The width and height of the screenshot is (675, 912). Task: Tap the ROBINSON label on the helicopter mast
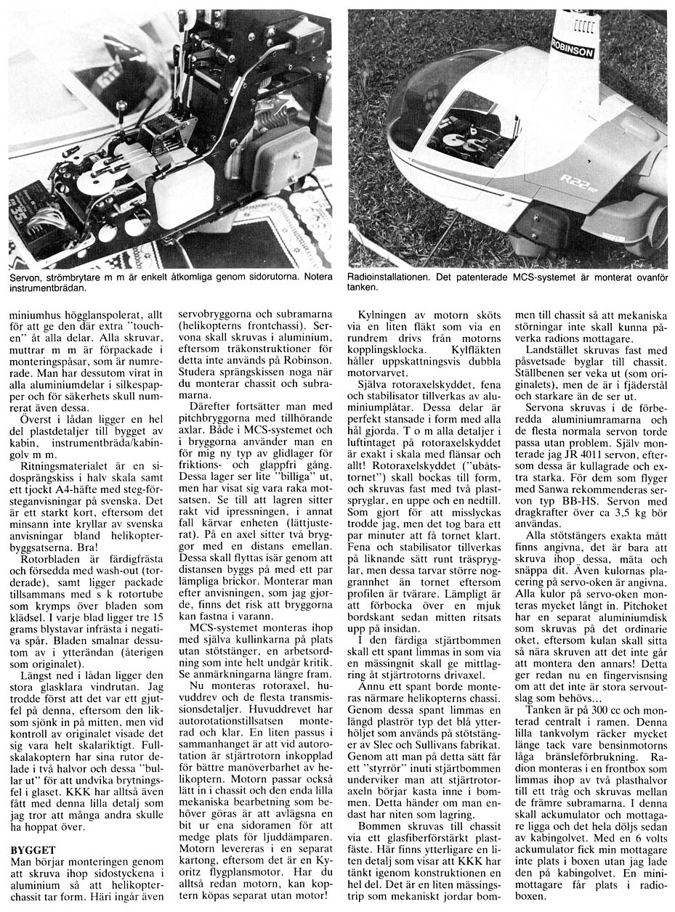(x=573, y=47)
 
